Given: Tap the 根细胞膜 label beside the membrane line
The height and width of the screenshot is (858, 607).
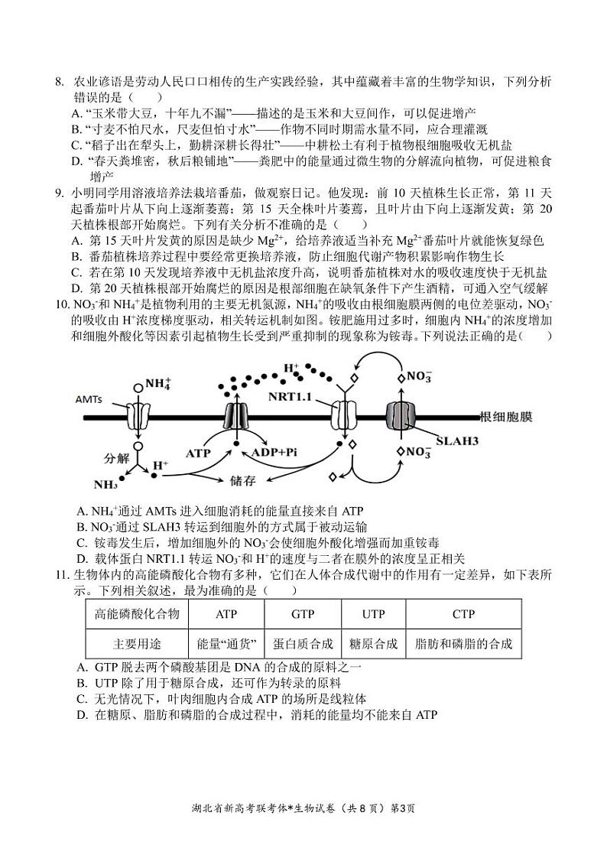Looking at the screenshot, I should point(505,418).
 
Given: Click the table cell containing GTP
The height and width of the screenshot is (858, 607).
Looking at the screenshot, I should point(303,613).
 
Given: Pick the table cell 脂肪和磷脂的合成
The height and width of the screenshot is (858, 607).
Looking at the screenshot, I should point(463,643).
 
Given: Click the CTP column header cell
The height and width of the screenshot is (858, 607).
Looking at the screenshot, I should point(463,613).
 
